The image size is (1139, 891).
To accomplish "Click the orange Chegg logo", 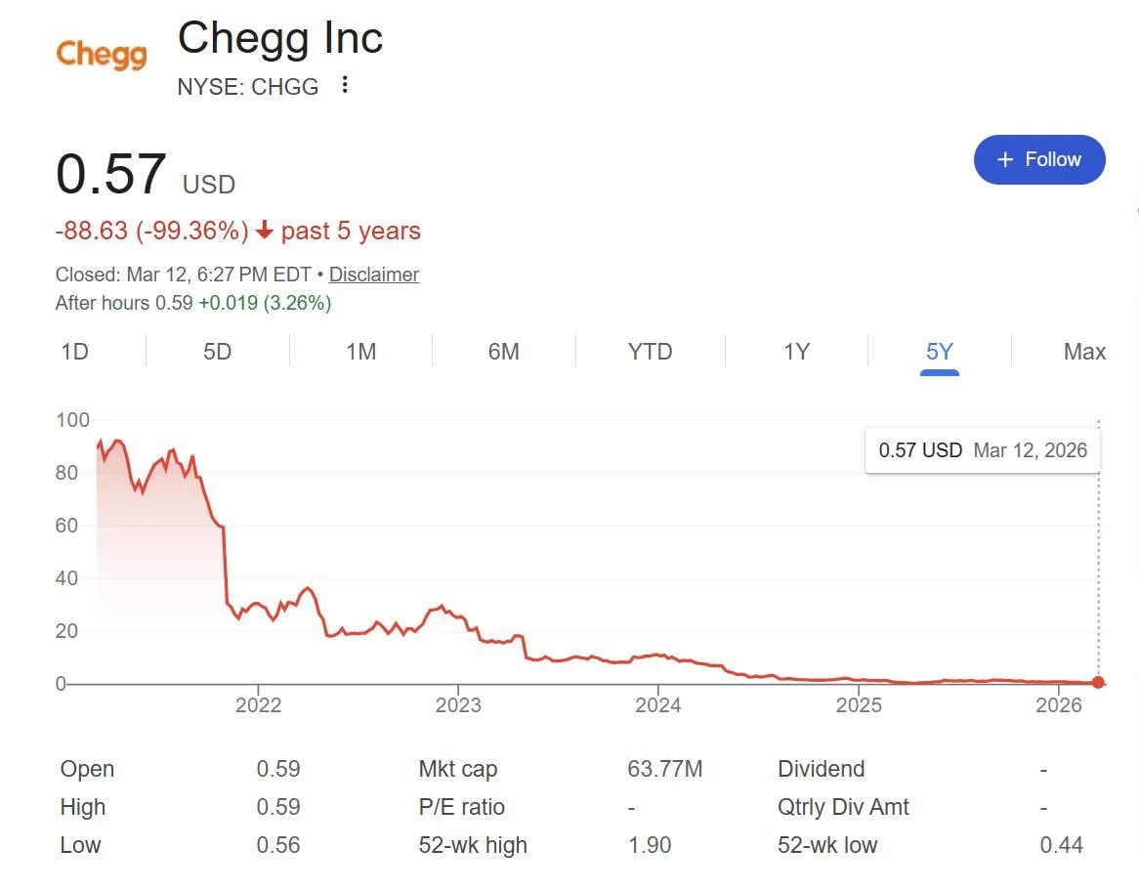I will tap(102, 55).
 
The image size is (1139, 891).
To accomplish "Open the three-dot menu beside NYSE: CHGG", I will tap(344, 86).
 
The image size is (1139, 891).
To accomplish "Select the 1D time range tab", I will tap(75, 352).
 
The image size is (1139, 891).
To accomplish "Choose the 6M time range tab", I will tap(503, 352).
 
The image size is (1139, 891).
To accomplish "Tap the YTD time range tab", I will tap(650, 352).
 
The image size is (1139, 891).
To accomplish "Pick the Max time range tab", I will tap(1084, 352).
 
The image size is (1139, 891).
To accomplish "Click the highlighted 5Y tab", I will tap(939, 352).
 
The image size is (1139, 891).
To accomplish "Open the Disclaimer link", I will tap(374, 275).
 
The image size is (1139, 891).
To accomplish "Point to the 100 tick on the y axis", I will tap(73, 420).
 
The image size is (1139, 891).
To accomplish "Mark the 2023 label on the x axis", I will tap(458, 705).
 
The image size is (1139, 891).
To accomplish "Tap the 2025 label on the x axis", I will tap(860, 705).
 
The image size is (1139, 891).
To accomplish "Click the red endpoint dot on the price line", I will tap(1099, 683).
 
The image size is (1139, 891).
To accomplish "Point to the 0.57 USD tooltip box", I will tap(982, 450).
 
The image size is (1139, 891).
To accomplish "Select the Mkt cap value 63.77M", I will tap(664, 769).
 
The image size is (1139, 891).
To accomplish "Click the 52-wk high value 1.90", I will tap(650, 845).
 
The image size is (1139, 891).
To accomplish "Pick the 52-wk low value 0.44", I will tap(1061, 845).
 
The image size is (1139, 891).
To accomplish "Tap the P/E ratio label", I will tap(462, 807).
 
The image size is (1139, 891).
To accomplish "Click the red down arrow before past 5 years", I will tap(265, 232).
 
